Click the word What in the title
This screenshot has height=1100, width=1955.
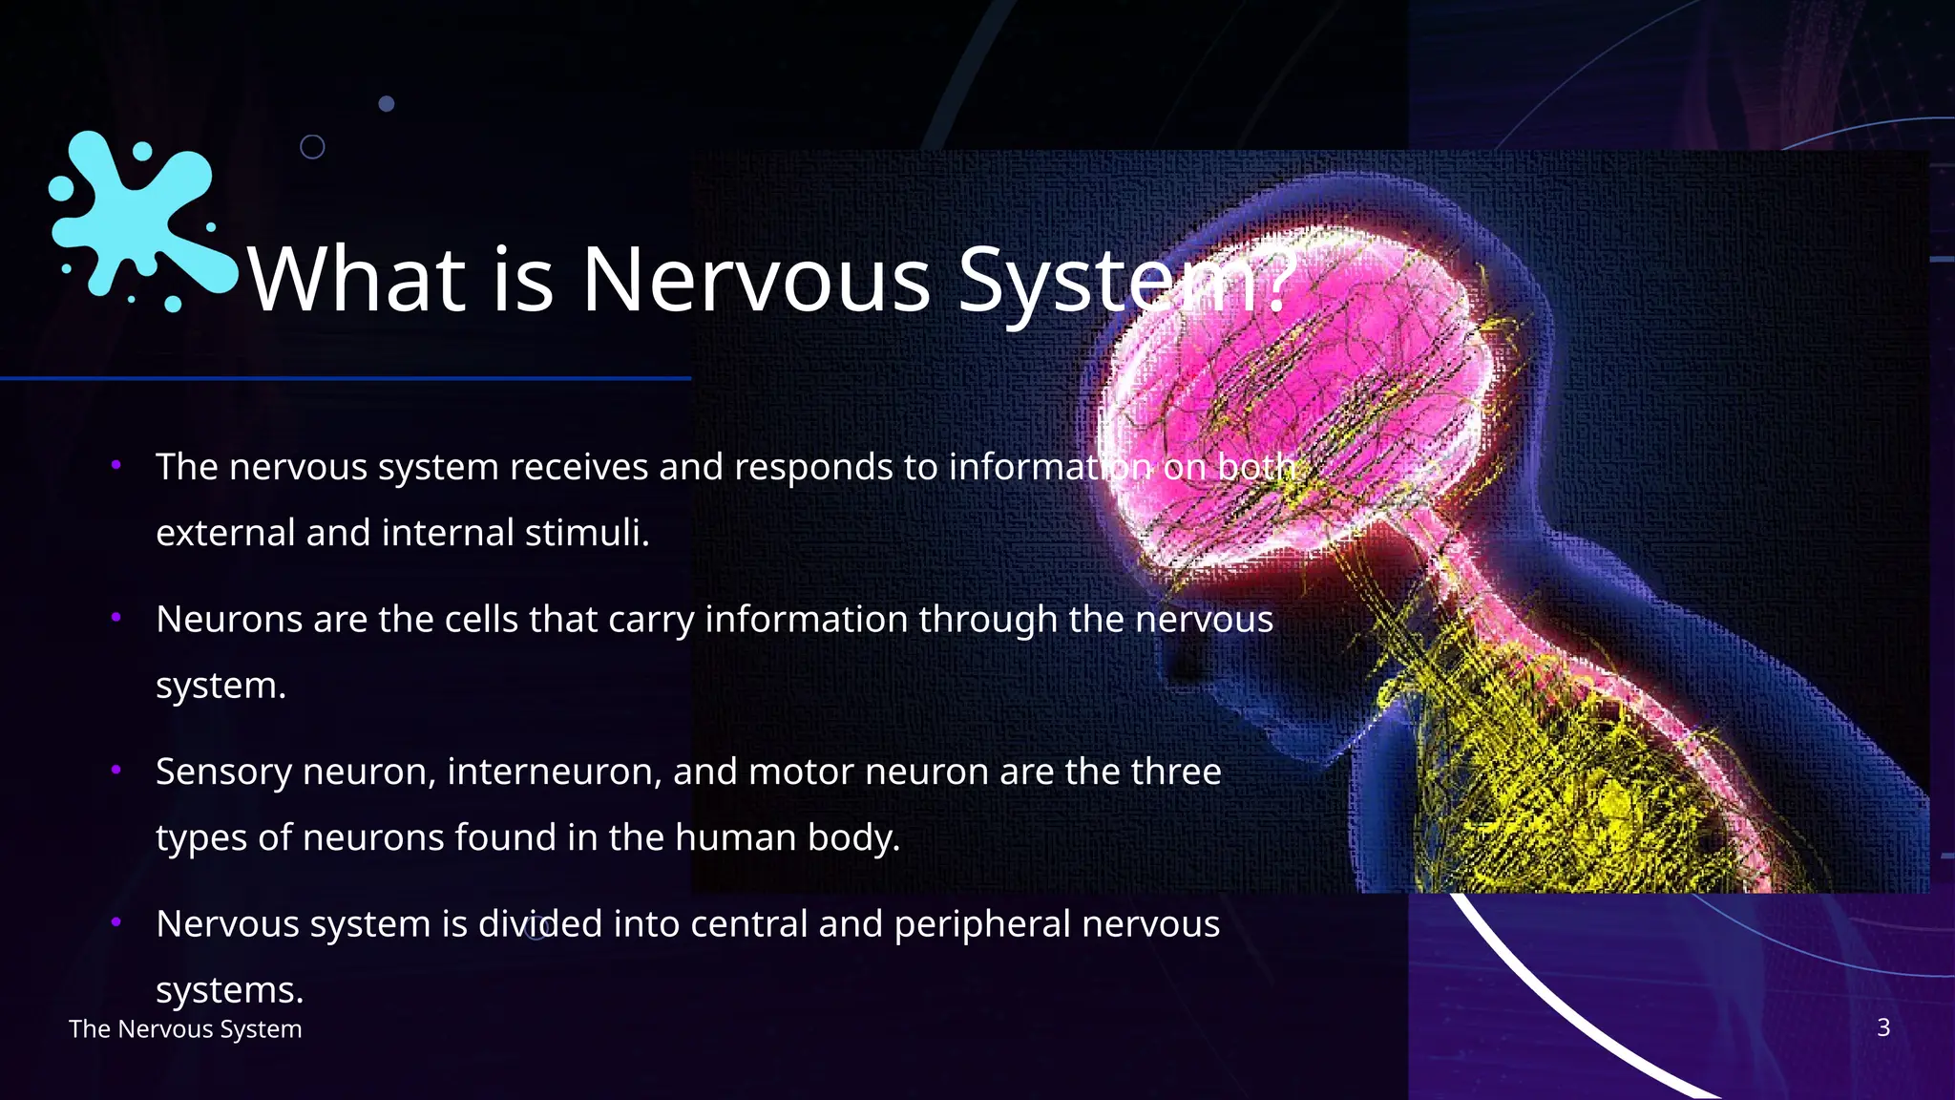pos(356,279)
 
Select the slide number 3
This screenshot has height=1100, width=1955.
pos(1882,1027)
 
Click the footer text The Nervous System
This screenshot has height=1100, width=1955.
pos(185,1029)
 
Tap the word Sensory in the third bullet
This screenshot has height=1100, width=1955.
pos(222,772)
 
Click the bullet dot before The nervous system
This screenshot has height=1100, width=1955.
pos(116,465)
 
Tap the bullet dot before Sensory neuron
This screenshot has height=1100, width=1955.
pos(116,769)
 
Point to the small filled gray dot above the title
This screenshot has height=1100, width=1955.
pos(387,103)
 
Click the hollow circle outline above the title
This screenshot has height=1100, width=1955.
pos(312,147)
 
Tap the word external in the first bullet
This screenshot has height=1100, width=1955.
pos(224,533)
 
